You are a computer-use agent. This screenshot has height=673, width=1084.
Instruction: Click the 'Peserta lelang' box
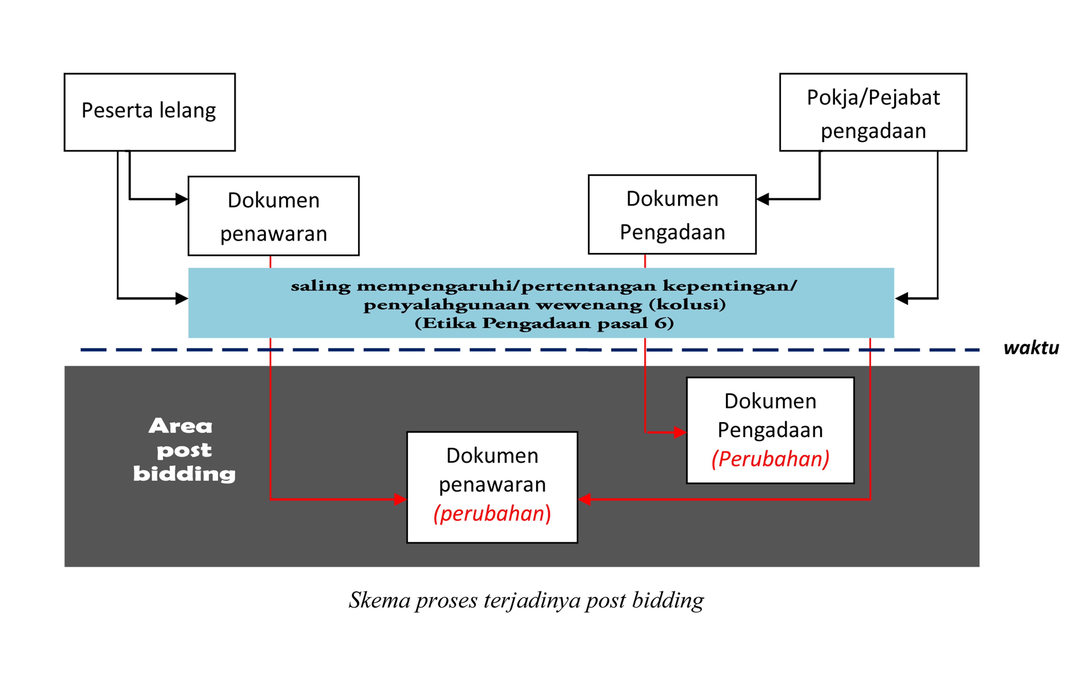[150, 112]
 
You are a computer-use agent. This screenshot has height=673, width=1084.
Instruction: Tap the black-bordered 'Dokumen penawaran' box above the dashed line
[273, 216]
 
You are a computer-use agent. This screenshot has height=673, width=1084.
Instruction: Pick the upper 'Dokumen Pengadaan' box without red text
[672, 214]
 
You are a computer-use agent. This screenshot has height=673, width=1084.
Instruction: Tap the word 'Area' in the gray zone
[180, 426]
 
